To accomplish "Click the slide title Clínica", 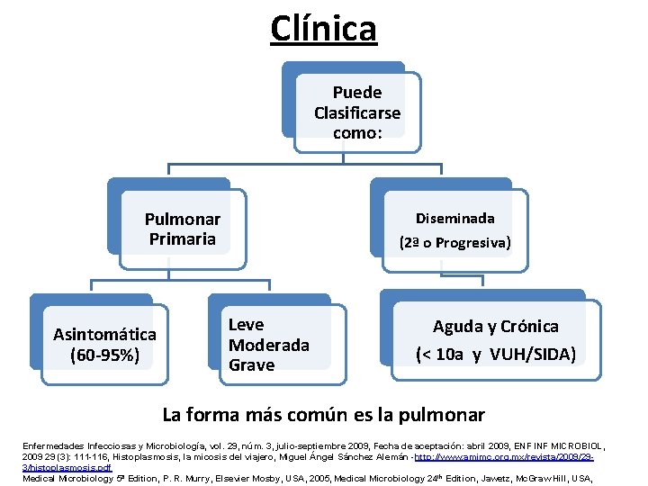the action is (x=323, y=28).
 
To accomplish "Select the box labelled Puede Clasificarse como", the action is (x=356, y=112).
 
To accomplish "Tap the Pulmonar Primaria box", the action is (x=183, y=229).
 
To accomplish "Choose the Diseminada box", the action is (x=454, y=229).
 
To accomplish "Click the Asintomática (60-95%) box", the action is (x=104, y=344).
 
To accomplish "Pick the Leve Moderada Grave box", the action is (x=269, y=344).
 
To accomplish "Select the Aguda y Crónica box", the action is (x=495, y=339).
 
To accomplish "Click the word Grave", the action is (x=251, y=364).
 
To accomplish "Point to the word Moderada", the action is (x=268, y=345).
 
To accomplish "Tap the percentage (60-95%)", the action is (x=104, y=355).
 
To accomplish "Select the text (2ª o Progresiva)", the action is (x=454, y=242).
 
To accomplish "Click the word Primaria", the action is (x=183, y=239).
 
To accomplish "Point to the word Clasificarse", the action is (x=357, y=112).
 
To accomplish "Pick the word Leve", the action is (x=246, y=325).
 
